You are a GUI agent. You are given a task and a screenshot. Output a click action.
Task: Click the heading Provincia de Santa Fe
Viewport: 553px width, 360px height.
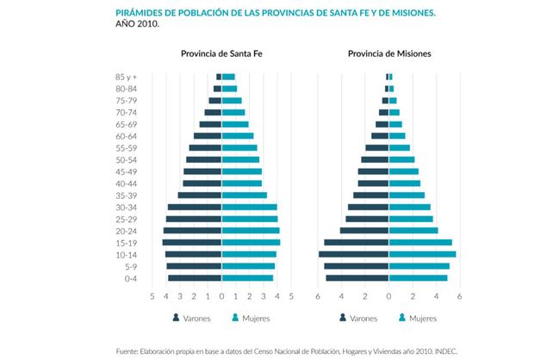221,53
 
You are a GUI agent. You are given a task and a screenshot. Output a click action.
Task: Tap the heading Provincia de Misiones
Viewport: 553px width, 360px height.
389,53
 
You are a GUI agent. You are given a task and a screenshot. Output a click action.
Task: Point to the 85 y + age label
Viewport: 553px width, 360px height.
126,77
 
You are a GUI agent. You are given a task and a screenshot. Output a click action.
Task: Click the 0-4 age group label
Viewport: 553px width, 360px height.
130,278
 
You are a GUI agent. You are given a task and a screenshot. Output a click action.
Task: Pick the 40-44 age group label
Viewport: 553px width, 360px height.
126,183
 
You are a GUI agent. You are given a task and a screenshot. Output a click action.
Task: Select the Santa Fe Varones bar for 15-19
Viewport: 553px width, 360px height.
191,243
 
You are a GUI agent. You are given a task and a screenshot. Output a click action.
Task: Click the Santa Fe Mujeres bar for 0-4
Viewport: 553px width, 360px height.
247,278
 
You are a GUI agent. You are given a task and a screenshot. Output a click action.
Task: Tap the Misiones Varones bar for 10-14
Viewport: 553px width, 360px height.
353,254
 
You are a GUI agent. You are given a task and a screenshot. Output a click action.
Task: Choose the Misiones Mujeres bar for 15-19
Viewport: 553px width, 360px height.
420,243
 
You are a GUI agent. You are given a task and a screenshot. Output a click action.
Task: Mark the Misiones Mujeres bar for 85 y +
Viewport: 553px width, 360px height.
391,77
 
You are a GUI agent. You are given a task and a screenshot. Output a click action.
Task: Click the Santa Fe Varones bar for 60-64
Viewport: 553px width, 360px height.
208,136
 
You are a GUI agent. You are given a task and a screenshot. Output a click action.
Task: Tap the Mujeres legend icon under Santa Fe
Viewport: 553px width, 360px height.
236,318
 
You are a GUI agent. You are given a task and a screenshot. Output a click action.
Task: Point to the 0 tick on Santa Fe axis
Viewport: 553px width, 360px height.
221,296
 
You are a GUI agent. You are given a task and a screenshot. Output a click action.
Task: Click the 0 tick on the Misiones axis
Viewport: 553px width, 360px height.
388,296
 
